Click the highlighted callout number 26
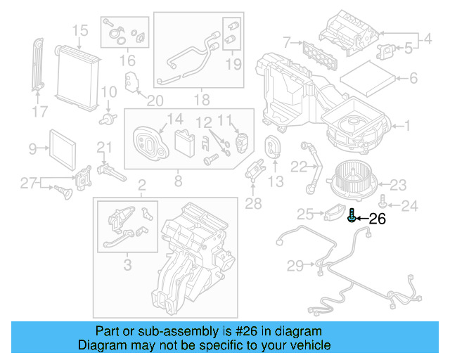[378, 219]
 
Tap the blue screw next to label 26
[351, 219]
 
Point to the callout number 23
[398, 186]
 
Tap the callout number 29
[295, 265]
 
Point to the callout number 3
[127, 265]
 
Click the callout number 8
[178, 181]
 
